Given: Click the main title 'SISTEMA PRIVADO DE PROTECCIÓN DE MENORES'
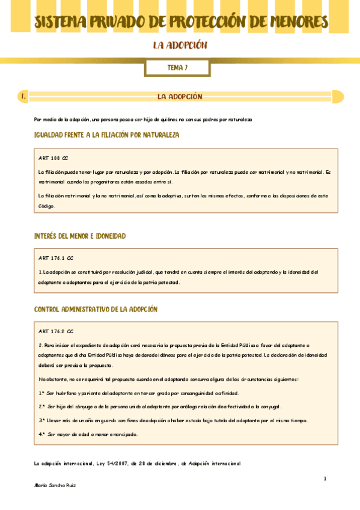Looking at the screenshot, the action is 180,22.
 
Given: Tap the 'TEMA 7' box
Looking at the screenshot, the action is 177,68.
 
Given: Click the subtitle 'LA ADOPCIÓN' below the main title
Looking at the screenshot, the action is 180,46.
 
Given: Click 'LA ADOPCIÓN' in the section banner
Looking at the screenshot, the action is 180,96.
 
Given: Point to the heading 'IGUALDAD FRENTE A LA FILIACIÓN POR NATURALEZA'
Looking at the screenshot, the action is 107,135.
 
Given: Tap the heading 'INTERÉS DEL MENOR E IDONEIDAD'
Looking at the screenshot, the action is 80,236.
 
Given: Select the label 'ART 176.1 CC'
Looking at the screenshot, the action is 56,257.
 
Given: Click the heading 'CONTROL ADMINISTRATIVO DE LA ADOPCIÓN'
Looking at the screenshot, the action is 96,309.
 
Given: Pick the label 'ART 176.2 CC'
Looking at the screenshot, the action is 56,331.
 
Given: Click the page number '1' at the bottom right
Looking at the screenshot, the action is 325,479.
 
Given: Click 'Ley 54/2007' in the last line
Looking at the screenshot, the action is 115,463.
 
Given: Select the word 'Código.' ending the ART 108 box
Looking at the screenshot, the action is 47,206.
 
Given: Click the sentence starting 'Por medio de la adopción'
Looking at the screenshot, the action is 143,120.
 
